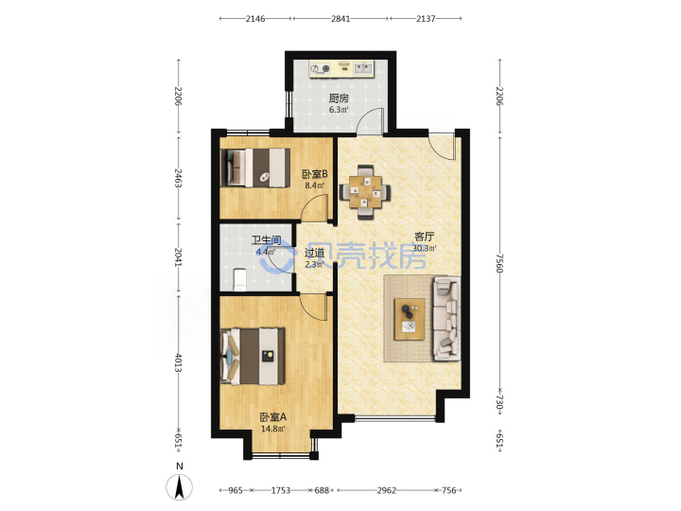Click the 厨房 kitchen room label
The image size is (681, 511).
pos(339,98)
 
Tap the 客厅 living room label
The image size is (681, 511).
pos(424,237)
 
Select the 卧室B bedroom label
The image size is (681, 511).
pos(315,175)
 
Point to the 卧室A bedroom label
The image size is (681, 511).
pos(273,417)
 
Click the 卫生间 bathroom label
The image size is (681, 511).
pos(266,240)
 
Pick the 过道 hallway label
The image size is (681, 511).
pos(314,253)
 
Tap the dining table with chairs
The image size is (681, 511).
pos(365,192)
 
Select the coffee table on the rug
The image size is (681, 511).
pos(410,320)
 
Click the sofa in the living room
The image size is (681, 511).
pos(446,319)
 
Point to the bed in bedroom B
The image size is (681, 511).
pos(255,167)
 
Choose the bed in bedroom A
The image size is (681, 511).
pos(253,357)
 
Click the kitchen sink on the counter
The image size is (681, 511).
pos(363,68)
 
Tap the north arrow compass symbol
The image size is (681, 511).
pos(180,486)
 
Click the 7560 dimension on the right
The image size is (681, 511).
pos(500,263)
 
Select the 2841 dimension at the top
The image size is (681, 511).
pos(340,19)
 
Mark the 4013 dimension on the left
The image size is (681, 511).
pos(178,362)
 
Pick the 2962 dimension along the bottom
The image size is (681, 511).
pos(386,490)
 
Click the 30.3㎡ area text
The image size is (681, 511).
pos(425,249)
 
